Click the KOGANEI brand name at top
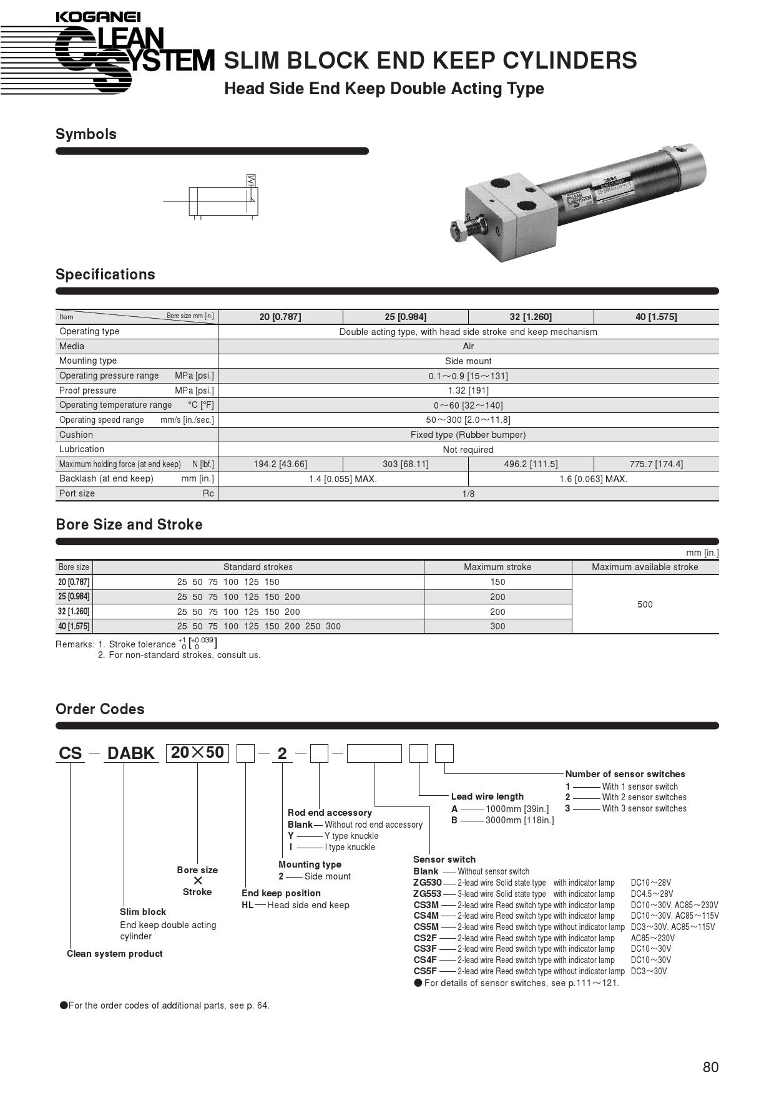98,17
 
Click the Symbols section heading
86,134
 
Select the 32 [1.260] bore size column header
531,317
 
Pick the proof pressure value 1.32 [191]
468,390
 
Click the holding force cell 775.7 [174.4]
655,464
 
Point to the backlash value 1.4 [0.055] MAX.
343,479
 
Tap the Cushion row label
76,435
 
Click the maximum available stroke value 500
645,604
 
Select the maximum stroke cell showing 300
497,626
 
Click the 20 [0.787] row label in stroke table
74,582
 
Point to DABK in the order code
131,753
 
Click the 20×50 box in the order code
197,753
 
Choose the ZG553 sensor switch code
427,894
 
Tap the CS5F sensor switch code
425,971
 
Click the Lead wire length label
487,796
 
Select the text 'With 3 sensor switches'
644,808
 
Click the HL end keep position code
247,905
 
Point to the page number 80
710,1067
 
